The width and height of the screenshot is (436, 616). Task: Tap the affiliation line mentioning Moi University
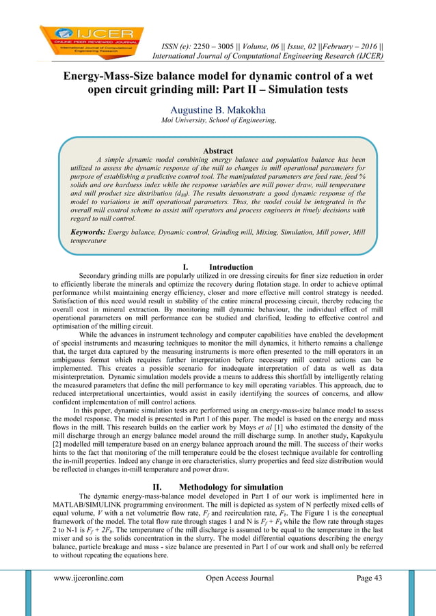click(x=218, y=121)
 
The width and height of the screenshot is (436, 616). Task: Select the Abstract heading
click(x=218, y=151)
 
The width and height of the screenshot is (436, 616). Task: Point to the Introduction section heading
click(x=230, y=267)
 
